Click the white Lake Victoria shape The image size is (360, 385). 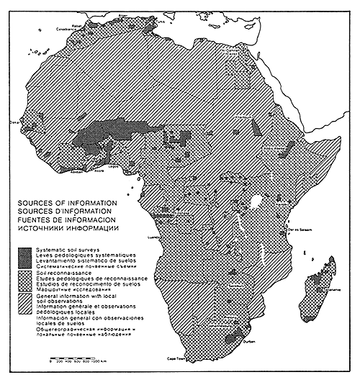257,200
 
